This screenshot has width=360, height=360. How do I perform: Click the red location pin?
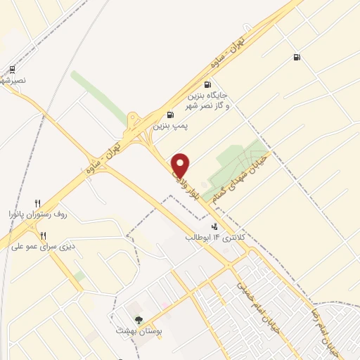tap(181, 165)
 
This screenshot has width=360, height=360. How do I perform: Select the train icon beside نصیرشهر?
tap(12, 70)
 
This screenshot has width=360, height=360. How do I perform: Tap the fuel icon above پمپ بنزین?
tap(170, 115)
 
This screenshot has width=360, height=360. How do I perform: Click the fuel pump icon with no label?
tap(296, 58)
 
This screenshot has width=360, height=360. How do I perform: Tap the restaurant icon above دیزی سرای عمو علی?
tap(44, 236)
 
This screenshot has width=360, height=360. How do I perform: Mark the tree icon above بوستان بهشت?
tap(137, 309)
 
